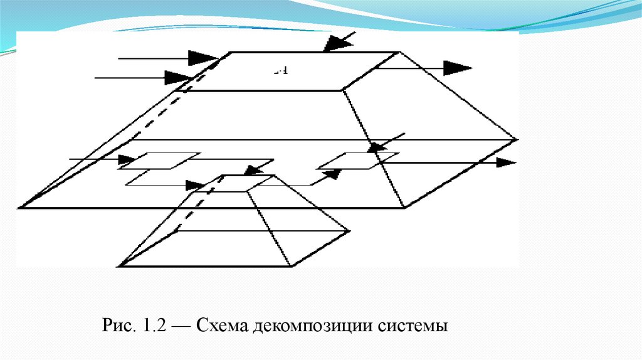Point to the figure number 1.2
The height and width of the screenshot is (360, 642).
[153, 327]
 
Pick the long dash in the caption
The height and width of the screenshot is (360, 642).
[182, 327]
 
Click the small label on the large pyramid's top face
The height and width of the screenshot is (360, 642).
[280, 71]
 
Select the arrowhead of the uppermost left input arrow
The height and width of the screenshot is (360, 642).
[202, 58]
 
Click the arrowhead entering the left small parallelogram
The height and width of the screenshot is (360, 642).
[124, 159]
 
